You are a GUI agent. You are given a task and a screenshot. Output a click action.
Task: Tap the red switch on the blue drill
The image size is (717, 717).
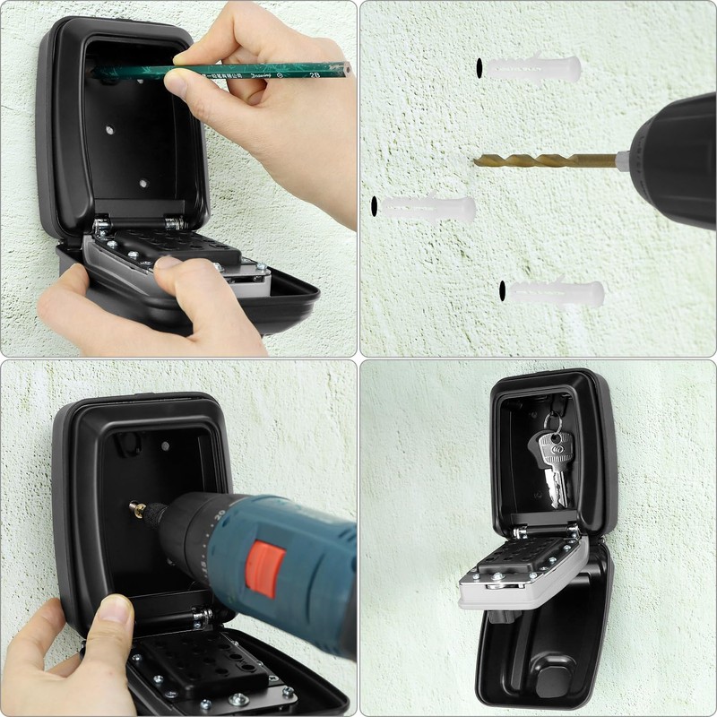point(266,568)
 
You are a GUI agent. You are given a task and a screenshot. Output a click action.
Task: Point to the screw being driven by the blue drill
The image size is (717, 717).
point(139,508)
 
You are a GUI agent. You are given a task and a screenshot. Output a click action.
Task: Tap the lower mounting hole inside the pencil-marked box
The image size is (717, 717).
point(143,183)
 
